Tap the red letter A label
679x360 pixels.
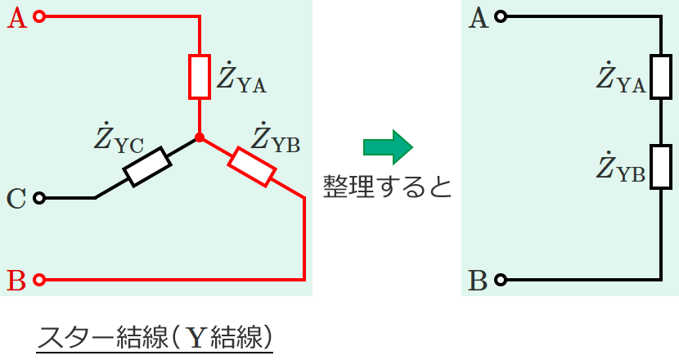pos(17,17)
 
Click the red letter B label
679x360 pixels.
pos(17,281)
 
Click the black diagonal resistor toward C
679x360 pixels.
pos(147,167)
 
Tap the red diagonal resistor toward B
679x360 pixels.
pos(251,166)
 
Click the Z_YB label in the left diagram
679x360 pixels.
pos(276,138)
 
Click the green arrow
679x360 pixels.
pos(387,146)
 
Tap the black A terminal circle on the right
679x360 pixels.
pos(501,16)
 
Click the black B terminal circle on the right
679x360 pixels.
pos(501,280)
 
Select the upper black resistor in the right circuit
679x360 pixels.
pos(660,77)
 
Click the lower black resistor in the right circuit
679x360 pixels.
pos(660,168)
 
